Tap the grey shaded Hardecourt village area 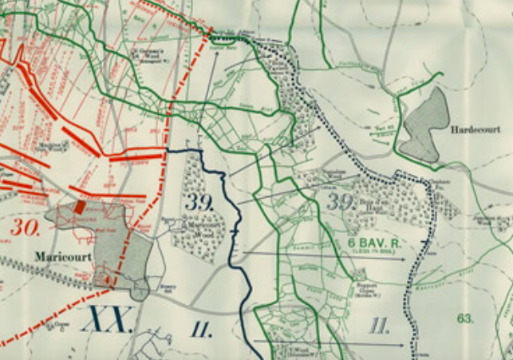tap(426, 123)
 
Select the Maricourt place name tap(59, 257)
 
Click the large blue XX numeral tap(106, 320)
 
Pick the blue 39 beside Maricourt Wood tap(199, 202)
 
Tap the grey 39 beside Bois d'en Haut tap(340, 201)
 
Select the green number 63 tap(465, 318)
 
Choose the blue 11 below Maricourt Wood tap(201, 326)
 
